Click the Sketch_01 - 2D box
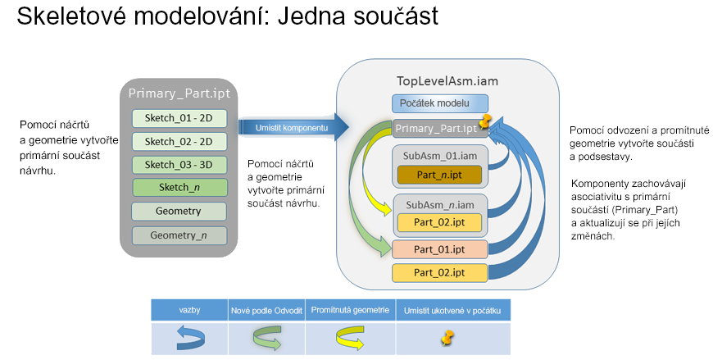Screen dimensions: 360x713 (x=179, y=118)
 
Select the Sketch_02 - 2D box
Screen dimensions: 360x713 (x=179, y=141)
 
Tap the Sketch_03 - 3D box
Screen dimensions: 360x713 (x=179, y=164)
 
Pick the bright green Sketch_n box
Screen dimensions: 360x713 (x=179, y=188)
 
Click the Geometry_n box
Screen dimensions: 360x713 (x=179, y=235)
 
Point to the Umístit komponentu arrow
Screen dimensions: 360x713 (x=292, y=128)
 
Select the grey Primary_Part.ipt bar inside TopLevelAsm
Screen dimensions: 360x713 (x=434, y=128)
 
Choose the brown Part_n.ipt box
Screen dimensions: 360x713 (x=440, y=174)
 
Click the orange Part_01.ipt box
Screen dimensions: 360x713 (x=440, y=248)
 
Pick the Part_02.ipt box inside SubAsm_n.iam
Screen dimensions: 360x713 (x=440, y=221)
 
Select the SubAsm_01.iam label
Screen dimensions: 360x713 (x=439, y=155)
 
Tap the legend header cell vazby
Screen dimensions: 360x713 (x=190, y=311)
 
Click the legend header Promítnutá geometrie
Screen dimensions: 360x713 (x=350, y=311)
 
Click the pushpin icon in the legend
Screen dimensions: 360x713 (x=447, y=337)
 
